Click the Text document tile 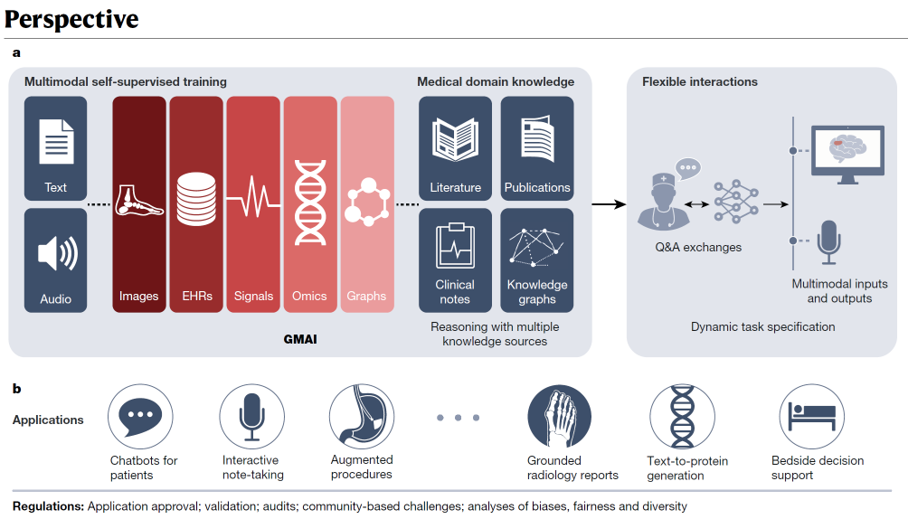[x=56, y=148]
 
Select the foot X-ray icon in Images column [x=139, y=202]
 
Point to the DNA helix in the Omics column [x=310, y=202]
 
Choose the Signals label [x=253, y=296]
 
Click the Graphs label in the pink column [x=366, y=296]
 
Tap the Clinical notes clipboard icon [x=455, y=245]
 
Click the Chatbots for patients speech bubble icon [x=140, y=416]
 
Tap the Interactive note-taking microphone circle [x=252, y=416]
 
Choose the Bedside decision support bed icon [x=812, y=416]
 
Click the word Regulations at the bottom [x=48, y=506]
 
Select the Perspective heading [x=71, y=18]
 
